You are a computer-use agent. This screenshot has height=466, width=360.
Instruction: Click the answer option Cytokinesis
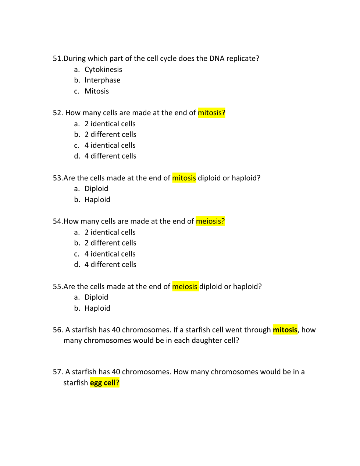103,70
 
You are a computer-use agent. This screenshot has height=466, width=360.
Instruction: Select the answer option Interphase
102,80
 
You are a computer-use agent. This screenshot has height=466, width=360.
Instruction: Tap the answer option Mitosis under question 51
97,91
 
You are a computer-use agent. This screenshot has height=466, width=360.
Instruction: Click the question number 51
58,59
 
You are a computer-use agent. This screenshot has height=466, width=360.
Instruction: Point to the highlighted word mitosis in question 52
211,113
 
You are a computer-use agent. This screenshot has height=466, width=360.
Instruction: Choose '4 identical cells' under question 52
110,145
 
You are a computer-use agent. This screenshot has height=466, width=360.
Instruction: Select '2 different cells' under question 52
110,135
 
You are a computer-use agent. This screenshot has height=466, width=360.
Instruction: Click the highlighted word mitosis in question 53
184,178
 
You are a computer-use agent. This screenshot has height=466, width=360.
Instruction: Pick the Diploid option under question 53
96,189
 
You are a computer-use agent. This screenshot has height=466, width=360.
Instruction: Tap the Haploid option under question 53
97,200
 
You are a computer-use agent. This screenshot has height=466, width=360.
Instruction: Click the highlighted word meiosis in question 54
210,221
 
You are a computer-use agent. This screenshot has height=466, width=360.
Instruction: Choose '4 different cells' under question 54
110,265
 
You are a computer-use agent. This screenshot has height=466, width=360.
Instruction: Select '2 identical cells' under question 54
110,232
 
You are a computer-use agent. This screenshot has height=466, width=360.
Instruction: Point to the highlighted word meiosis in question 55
185,287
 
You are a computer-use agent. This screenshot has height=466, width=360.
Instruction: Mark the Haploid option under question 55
97,308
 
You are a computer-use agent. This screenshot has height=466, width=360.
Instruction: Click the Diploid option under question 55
96,297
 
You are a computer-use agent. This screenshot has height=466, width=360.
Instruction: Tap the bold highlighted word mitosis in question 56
285,330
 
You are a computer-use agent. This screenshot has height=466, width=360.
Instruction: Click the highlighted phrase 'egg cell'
104,383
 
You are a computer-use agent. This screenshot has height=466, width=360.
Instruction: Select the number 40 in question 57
116,372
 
